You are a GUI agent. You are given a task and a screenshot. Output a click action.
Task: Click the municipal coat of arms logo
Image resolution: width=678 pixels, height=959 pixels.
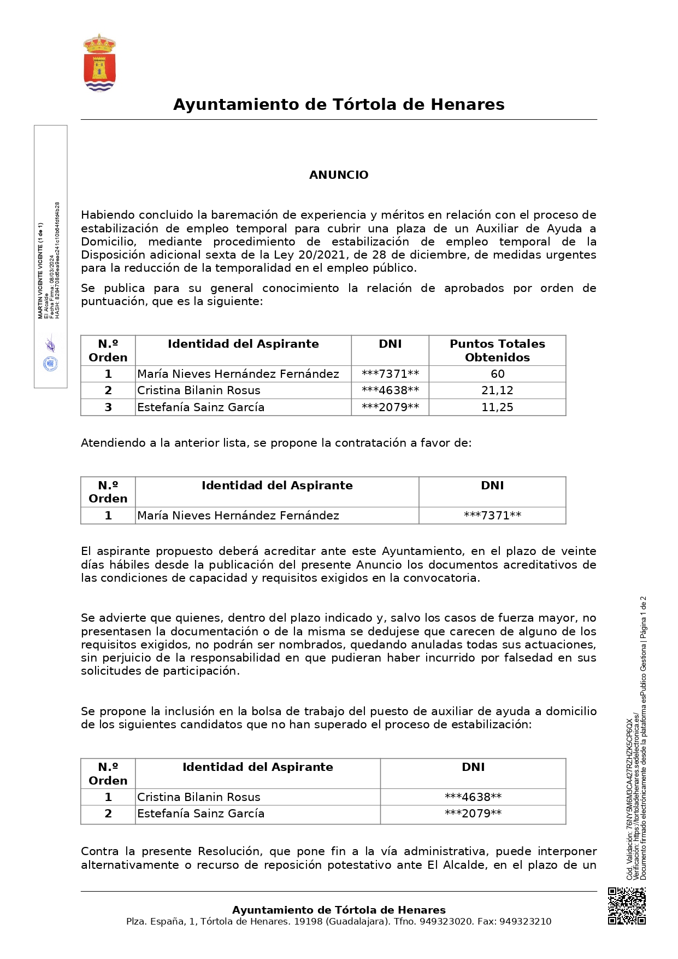pyautogui.click(x=99, y=63)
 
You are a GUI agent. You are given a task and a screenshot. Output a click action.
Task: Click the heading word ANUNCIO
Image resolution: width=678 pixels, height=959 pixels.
pyautogui.click(x=339, y=175)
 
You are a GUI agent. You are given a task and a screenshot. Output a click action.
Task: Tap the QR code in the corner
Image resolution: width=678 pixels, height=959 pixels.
pyautogui.click(x=627, y=906)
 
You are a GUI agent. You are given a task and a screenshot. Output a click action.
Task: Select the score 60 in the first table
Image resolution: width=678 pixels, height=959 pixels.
pyautogui.click(x=497, y=374)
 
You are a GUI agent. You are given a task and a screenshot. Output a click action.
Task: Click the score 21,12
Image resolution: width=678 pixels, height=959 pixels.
pyautogui.click(x=497, y=390)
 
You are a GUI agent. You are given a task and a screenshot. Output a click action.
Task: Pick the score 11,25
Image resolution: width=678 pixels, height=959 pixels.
pyautogui.click(x=497, y=407)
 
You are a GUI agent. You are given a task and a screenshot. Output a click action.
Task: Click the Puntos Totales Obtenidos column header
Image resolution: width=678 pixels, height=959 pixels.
pyautogui.click(x=497, y=350)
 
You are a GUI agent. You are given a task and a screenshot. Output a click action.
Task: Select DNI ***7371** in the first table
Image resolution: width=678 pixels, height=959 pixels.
pyautogui.click(x=390, y=374)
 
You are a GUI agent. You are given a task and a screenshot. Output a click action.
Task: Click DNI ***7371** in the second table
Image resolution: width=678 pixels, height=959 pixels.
pyautogui.click(x=492, y=516)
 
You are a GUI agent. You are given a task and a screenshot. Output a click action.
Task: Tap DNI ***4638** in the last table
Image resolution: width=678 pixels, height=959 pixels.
pyautogui.click(x=473, y=797)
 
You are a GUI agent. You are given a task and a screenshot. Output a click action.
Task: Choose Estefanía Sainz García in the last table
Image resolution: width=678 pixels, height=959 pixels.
pyautogui.click(x=201, y=814)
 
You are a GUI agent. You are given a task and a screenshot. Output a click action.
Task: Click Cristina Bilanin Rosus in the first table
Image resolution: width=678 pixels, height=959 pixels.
pyautogui.click(x=198, y=390)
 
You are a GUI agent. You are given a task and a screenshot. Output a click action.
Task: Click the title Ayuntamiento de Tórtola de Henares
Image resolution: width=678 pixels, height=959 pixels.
pyautogui.click(x=339, y=104)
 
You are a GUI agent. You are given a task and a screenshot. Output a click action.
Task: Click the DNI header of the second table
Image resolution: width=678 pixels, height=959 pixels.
pyautogui.click(x=492, y=486)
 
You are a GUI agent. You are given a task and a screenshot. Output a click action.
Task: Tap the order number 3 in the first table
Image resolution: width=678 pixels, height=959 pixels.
pyautogui.click(x=108, y=407)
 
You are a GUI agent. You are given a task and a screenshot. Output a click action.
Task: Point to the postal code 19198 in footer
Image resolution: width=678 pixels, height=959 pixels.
pyautogui.click(x=308, y=922)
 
